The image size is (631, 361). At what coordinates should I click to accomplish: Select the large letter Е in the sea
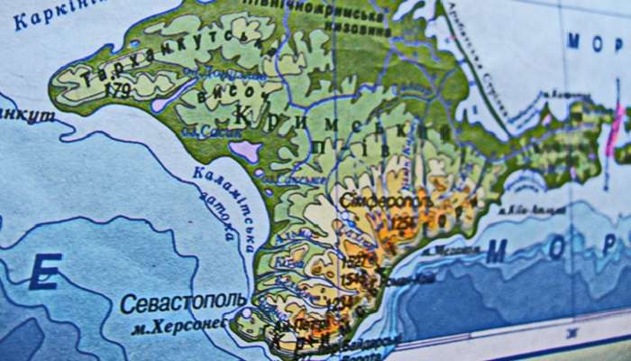coord(45,272)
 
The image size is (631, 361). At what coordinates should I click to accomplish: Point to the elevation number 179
coord(117,90)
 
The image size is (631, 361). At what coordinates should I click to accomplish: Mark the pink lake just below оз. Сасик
coord(244,150)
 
